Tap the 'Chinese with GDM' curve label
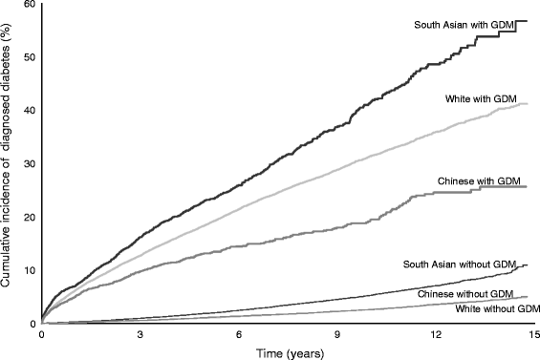click(478, 181)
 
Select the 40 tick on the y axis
click(30, 111)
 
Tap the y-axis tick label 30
click(30, 164)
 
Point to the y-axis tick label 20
click(30, 218)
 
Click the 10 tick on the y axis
click(30, 270)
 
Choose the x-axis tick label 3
click(140, 336)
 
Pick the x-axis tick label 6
click(239, 336)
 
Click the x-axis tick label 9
click(337, 336)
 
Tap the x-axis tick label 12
click(436, 336)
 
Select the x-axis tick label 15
click(533, 336)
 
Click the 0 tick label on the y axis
click(32, 325)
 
